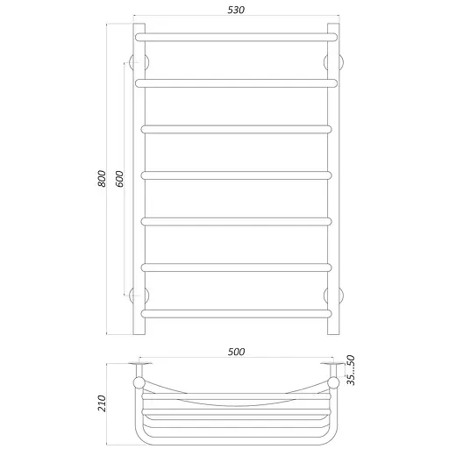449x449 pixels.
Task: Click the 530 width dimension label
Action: pos(236,10)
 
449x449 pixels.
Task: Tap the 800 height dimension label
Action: pos(102,178)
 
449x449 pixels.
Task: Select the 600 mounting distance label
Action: pos(119,179)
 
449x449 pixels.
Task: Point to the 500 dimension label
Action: pos(236,352)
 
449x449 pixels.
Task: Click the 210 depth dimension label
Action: pos(102,403)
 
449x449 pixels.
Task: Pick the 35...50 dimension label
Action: pos(351,370)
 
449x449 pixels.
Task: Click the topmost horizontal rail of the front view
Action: pos(236,37)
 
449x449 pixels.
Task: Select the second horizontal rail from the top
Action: pos(236,83)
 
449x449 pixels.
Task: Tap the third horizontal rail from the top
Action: pos(236,129)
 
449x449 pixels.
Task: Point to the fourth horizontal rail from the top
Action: pos(236,175)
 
